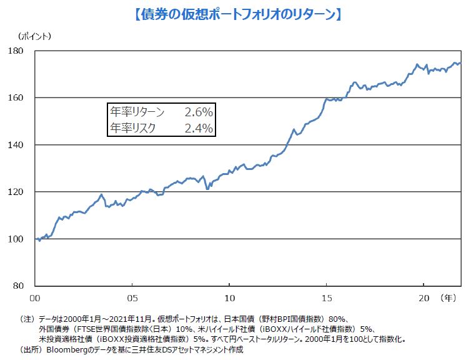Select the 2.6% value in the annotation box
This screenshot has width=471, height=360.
point(199,112)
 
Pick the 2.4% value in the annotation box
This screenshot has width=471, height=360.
point(199,128)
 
